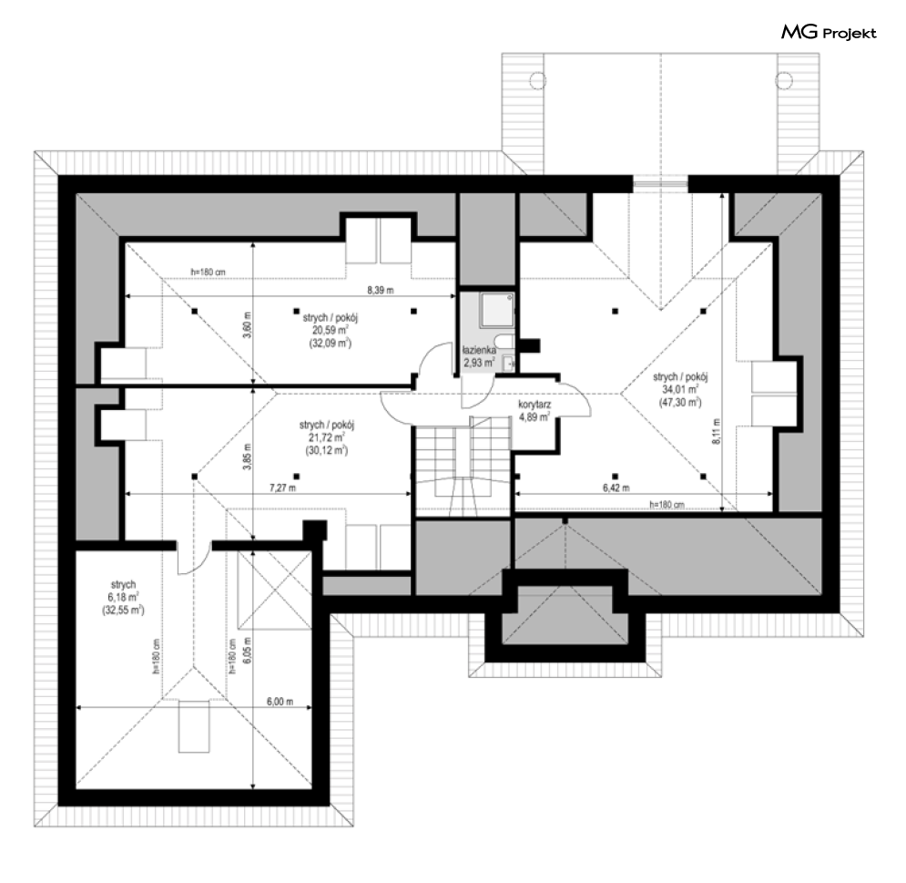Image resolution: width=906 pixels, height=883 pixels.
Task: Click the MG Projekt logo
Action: pyautogui.click(x=829, y=33)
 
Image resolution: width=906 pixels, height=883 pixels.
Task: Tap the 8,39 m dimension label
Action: pyautogui.click(x=381, y=291)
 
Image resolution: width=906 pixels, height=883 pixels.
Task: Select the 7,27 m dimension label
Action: pyautogui.click(x=282, y=488)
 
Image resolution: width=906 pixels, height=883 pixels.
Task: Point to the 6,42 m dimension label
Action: pyautogui.click(x=616, y=488)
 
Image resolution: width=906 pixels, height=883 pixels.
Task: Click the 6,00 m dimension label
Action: pyautogui.click(x=280, y=702)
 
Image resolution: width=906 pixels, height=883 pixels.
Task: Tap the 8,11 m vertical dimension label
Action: pyautogui.click(x=717, y=431)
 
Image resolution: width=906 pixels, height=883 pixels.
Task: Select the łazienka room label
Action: pyautogui.click(x=479, y=351)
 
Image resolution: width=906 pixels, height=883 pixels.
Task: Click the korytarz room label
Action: pyautogui.click(x=534, y=405)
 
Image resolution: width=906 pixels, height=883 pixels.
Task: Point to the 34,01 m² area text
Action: pyautogui.click(x=681, y=389)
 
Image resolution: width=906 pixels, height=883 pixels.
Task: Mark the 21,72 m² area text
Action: pyautogui.click(x=327, y=437)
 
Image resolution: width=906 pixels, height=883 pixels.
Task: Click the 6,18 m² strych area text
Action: pyautogui.click(x=123, y=597)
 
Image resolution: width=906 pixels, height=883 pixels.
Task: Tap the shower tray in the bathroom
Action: pyautogui.click(x=496, y=310)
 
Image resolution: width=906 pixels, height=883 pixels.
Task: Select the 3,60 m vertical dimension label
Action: pyautogui.click(x=248, y=325)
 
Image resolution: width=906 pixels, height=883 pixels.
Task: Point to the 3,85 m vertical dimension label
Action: pyautogui.click(x=248, y=457)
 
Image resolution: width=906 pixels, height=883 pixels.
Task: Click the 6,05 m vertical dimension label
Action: pyautogui.click(x=248, y=651)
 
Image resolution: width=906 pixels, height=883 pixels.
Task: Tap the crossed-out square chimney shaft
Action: pyautogui.click(x=275, y=589)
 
